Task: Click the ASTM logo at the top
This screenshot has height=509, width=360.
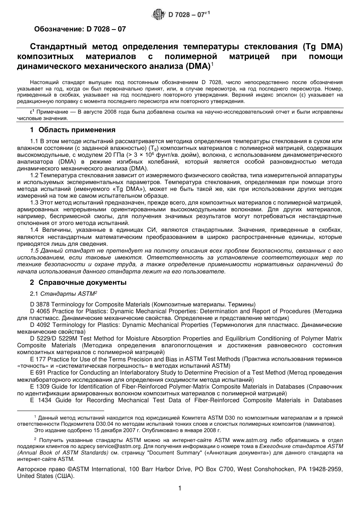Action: tap(158, 15)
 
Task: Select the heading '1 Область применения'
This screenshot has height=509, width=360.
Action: tap(73, 130)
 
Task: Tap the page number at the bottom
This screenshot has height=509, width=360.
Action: tap(180, 489)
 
